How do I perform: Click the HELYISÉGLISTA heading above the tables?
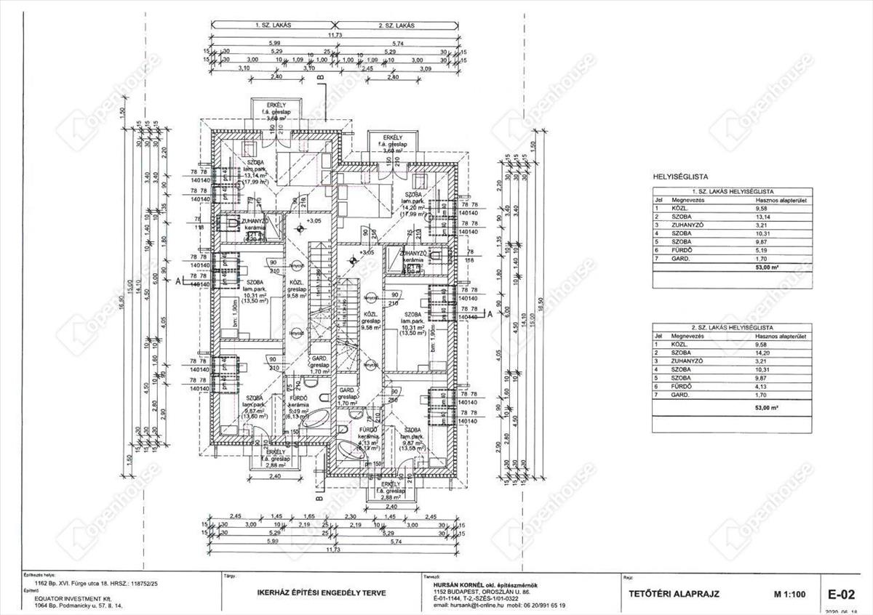681,176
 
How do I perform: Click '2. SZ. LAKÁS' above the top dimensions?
396,25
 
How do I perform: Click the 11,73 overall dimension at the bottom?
334,550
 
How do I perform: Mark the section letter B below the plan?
319,499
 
